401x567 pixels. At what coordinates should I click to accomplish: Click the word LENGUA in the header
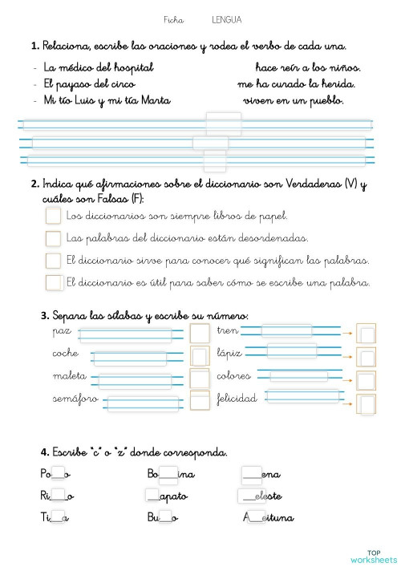226,19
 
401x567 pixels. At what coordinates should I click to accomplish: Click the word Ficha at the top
173,19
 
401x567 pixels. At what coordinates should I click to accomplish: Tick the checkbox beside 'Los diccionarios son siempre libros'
53,216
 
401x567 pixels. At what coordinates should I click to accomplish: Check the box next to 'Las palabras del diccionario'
53,238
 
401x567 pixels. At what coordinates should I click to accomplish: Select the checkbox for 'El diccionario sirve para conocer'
53,261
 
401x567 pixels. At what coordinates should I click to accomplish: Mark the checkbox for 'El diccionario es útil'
53,282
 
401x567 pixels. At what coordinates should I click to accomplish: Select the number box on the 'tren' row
366,333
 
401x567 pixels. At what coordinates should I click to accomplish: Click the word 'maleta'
69,376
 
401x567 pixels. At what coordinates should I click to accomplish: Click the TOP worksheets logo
374,555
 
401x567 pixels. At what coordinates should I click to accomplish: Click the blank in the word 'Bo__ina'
168,475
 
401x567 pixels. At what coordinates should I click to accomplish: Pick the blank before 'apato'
154,496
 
